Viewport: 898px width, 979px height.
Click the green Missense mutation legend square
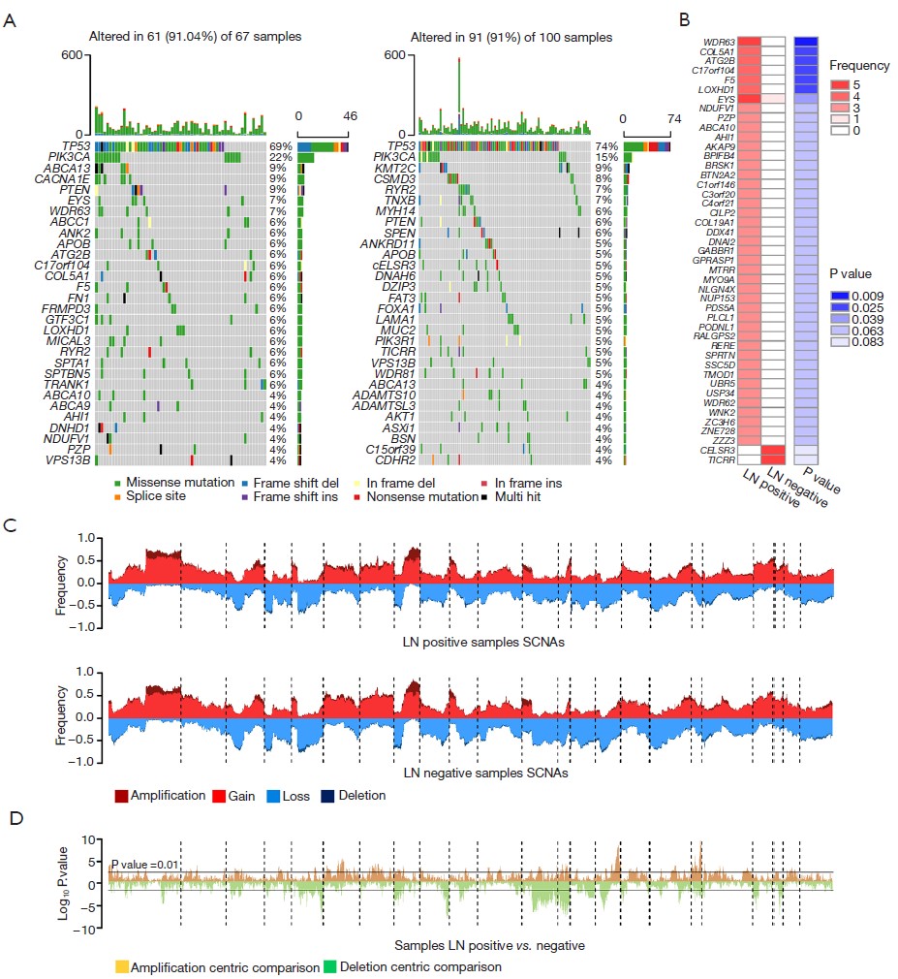[x=118, y=482]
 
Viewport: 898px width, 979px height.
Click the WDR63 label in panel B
[x=719, y=42]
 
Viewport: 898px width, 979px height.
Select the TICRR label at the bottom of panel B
[x=721, y=460]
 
